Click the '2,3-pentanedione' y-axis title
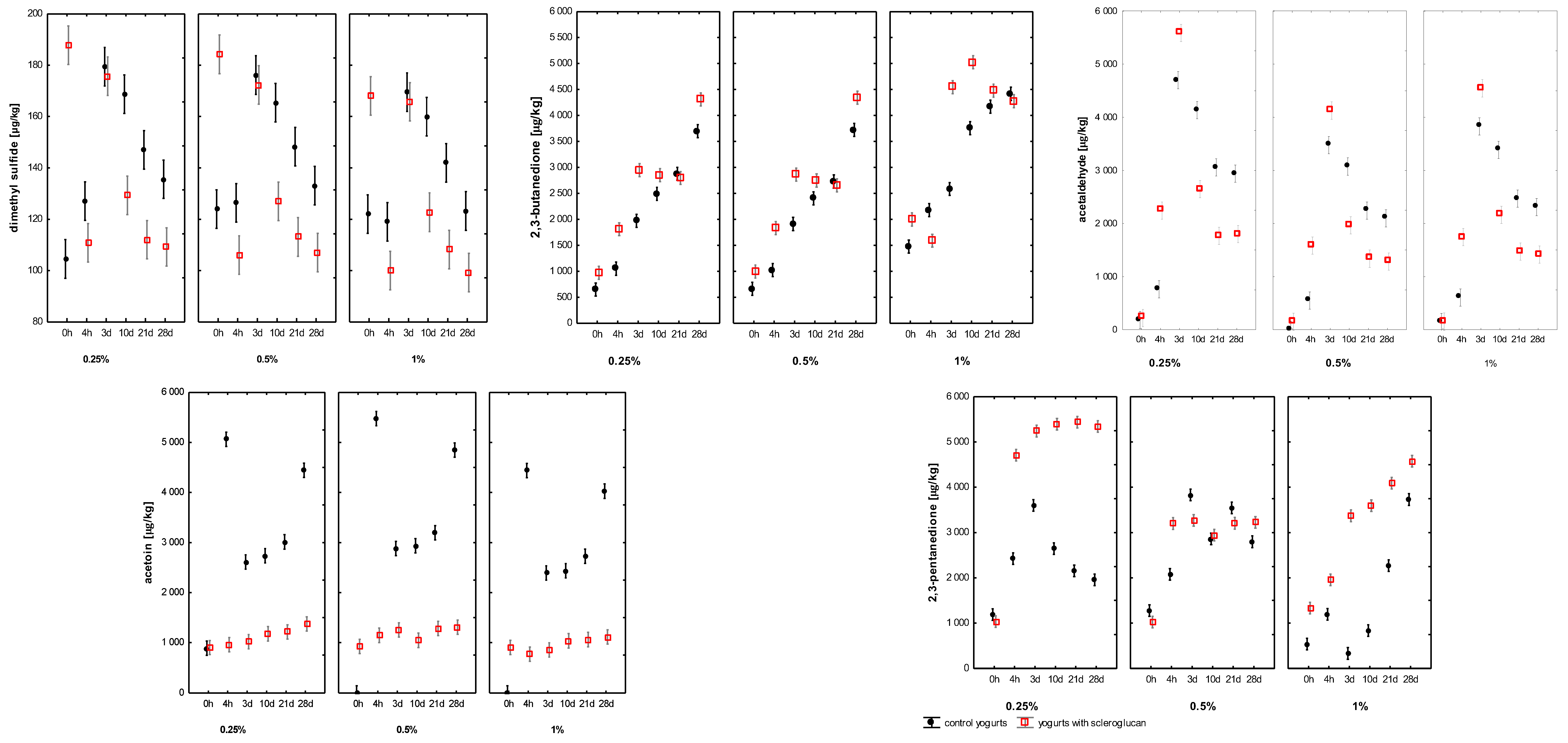933,532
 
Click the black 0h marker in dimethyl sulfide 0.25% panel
66,259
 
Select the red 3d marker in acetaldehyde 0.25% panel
1179,31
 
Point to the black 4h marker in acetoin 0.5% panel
376,419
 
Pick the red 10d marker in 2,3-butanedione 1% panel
972,63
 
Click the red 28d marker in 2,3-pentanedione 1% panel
1412,462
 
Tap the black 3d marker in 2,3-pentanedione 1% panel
1348,654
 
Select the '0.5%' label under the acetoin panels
407,730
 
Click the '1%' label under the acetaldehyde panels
1490,363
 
